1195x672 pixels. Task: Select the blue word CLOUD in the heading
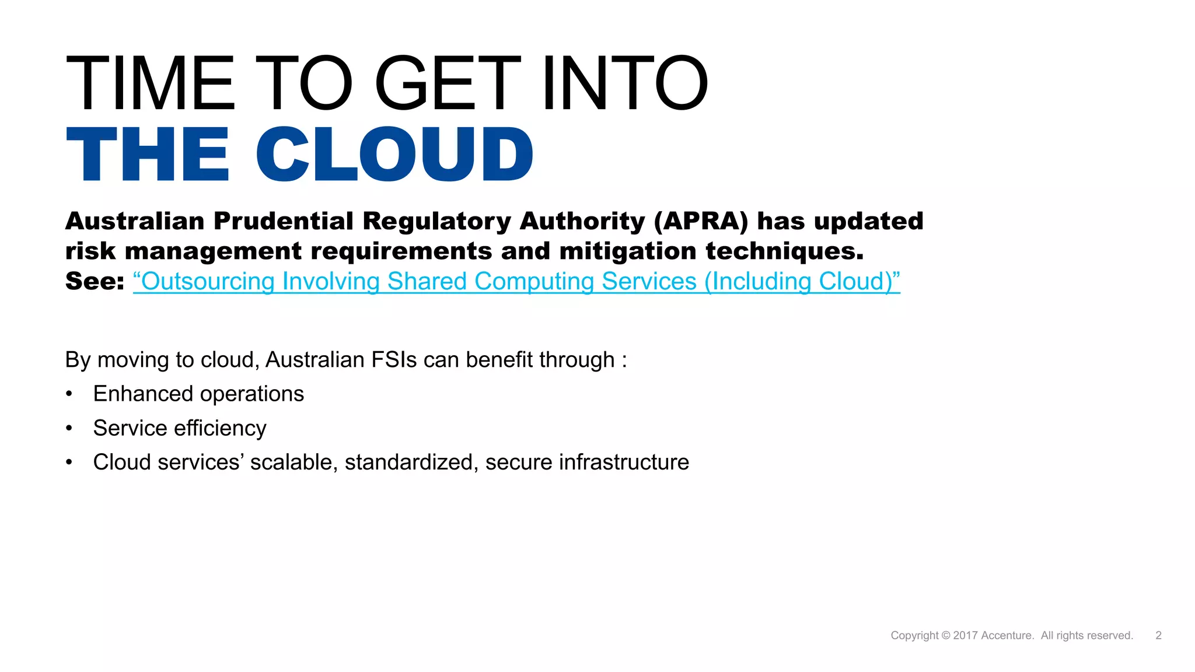pyautogui.click(x=394, y=155)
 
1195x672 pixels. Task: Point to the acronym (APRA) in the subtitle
pyautogui.click(x=701, y=222)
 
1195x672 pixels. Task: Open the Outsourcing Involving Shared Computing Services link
pyautogui.click(x=516, y=281)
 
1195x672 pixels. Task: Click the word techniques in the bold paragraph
pyautogui.click(x=784, y=251)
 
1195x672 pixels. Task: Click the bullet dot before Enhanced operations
pyautogui.click(x=69, y=394)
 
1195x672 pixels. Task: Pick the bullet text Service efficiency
pyautogui.click(x=180, y=428)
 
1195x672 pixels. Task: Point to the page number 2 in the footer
pyautogui.click(x=1158, y=635)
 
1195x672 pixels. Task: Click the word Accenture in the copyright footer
pyautogui.click(x=1007, y=635)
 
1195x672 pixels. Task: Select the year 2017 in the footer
pyautogui.click(x=966, y=635)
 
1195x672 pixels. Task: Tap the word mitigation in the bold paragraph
pyautogui.click(x=628, y=251)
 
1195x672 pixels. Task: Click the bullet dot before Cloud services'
pyautogui.click(x=69, y=463)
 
